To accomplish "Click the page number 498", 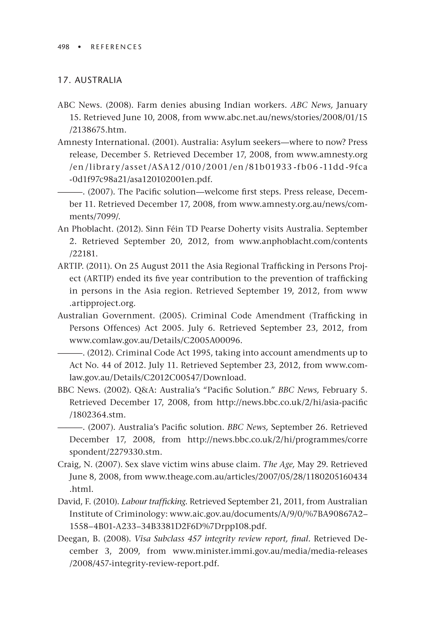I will point(64,47).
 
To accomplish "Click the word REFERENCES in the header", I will point(116,47).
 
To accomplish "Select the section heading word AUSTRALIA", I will point(98,80).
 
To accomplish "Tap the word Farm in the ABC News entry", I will point(147,105).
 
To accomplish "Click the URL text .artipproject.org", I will point(103,303).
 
